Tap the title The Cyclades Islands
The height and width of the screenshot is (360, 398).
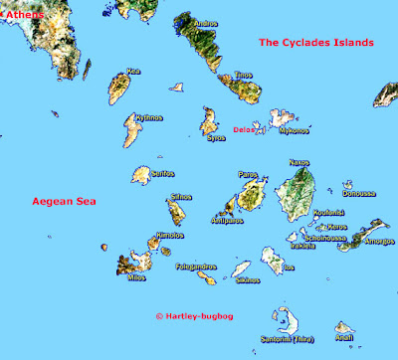(x=315, y=43)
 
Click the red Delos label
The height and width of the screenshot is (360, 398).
(x=244, y=128)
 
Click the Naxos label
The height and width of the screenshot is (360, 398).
(x=299, y=162)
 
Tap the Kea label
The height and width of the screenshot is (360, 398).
(x=132, y=72)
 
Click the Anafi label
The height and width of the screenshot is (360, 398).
(x=344, y=337)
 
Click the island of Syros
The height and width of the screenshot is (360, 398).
(x=209, y=123)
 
